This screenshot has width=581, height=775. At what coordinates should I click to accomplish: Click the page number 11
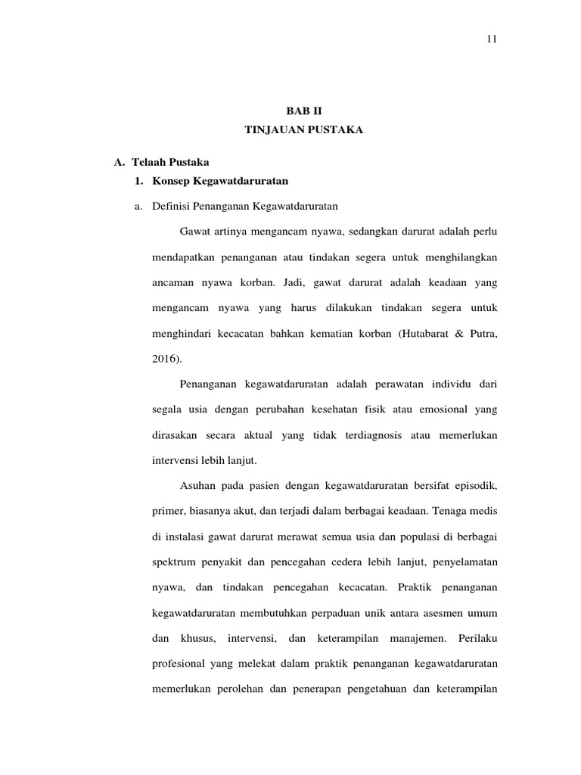point(490,39)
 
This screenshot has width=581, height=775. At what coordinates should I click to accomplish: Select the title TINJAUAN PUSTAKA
point(304,130)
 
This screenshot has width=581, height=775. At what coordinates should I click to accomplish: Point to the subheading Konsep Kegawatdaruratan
point(219,182)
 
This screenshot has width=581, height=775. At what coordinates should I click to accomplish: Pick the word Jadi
point(309,282)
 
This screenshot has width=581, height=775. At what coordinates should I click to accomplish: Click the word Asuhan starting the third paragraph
point(199,484)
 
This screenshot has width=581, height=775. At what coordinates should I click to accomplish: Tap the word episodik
point(475,484)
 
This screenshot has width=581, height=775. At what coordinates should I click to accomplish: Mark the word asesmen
point(433,613)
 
